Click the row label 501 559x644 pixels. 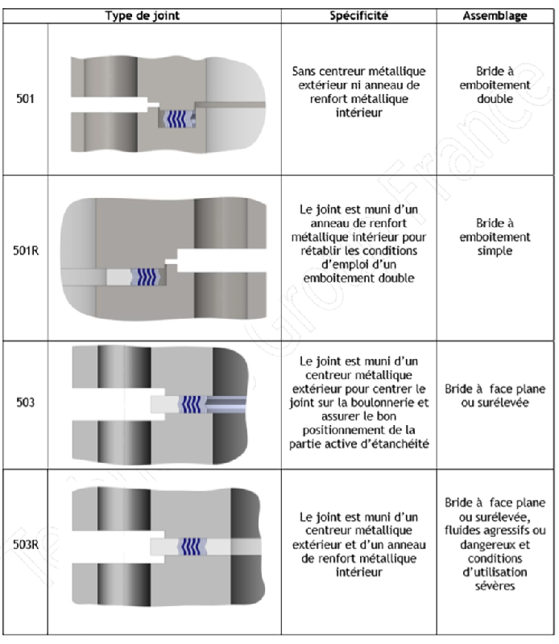[25, 99]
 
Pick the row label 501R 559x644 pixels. [25, 260]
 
